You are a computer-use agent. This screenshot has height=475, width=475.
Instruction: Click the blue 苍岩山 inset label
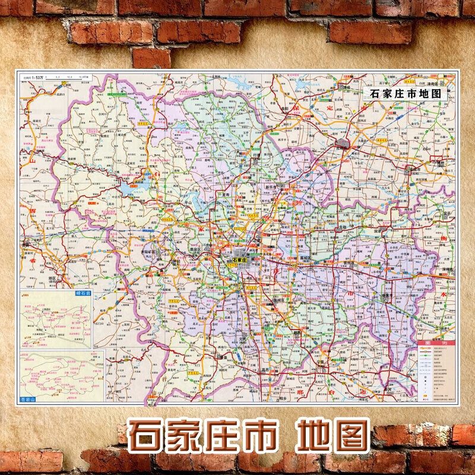coord(28,400)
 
